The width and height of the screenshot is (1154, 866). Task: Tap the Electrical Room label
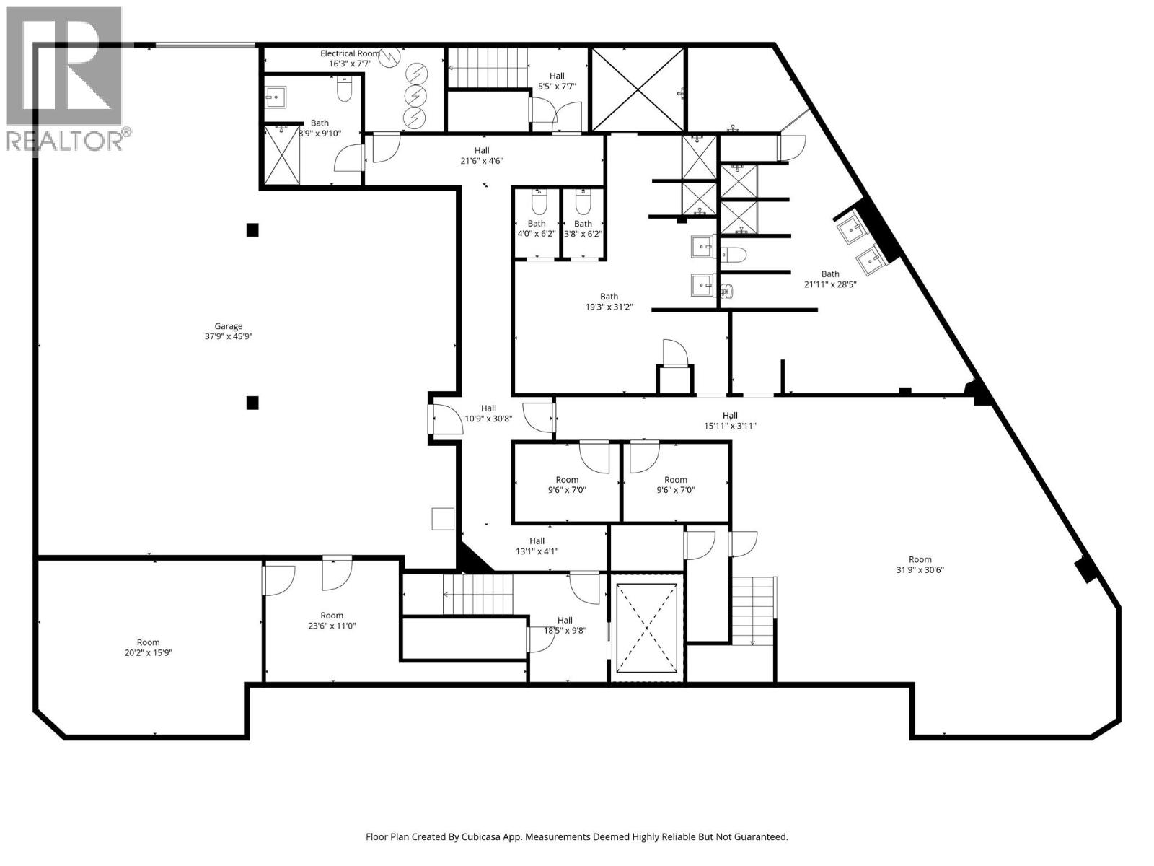click(350, 53)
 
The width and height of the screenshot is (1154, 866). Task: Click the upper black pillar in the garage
click(252, 230)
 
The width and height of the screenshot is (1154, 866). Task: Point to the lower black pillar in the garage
click(252, 403)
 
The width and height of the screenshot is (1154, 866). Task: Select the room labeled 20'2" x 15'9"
click(148, 647)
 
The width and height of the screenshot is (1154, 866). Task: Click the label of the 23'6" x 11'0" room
click(332, 621)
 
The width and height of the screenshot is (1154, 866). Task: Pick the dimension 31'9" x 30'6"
click(920, 569)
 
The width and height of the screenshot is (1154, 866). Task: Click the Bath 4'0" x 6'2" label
click(537, 229)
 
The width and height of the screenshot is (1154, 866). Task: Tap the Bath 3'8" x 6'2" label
click(583, 229)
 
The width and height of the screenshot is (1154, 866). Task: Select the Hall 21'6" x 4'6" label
click(481, 155)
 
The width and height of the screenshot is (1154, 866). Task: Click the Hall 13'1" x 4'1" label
click(537, 546)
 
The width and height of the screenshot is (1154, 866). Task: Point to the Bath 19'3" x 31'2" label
click(609, 301)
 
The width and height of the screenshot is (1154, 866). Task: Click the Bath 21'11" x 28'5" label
click(830, 279)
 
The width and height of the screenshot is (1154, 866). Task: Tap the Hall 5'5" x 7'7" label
click(557, 81)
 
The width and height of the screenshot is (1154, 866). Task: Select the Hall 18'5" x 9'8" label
click(565, 625)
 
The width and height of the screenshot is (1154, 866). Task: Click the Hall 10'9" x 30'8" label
click(488, 413)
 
